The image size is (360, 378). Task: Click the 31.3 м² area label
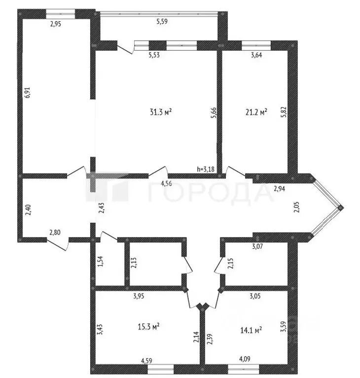coord(160,112)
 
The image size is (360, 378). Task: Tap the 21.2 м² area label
coord(256,112)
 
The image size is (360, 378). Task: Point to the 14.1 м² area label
coord(251,329)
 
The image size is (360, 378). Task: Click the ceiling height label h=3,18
coord(206,169)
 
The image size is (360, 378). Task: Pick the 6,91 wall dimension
coord(28,93)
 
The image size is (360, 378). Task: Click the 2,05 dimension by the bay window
coord(296,207)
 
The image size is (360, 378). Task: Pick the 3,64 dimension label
coord(256,55)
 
